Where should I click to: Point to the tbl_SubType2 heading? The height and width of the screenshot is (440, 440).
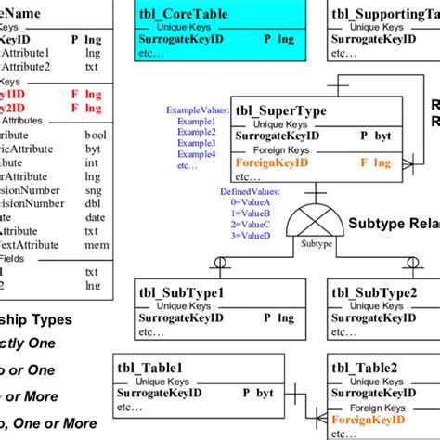(376, 293)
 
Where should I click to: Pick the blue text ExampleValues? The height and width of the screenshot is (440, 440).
(196, 110)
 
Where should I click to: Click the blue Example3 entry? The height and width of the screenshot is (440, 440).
(198, 144)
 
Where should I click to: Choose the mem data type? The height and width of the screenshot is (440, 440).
(93, 245)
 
